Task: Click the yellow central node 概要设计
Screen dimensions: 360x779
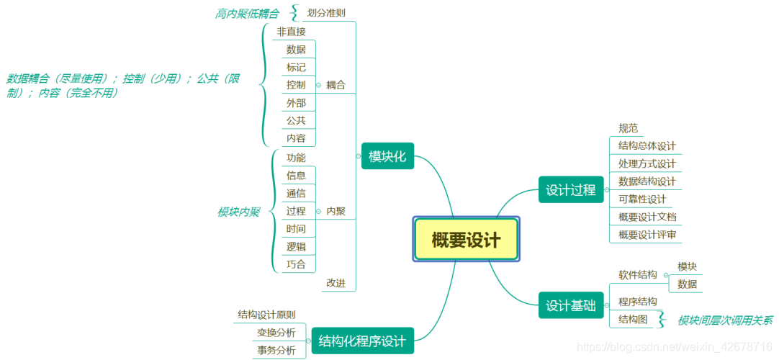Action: click(x=466, y=239)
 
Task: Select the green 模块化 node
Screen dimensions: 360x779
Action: click(x=387, y=156)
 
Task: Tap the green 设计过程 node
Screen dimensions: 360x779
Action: click(x=570, y=190)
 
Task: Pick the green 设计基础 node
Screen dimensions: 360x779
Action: click(x=570, y=305)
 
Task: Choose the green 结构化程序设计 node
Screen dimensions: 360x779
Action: click(x=362, y=341)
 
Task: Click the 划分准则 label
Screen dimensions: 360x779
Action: click(x=326, y=12)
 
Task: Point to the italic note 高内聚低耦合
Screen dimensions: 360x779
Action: click(x=247, y=14)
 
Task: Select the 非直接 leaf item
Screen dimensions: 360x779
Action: click(x=291, y=32)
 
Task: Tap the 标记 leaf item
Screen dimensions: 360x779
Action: click(x=296, y=67)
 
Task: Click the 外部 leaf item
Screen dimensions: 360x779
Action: click(x=296, y=103)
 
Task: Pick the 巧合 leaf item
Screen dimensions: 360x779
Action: click(x=296, y=264)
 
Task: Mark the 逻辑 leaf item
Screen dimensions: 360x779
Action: click(x=296, y=246)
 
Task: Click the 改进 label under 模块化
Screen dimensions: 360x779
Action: click(x=336, y=283)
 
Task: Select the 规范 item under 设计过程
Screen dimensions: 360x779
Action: click(x=628, y=128)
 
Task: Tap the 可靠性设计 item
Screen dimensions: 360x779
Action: click(x=642, y=199)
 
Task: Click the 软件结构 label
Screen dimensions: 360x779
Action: click(x=638, y=274)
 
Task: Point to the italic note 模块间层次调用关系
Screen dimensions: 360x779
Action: click(x=725, y=320)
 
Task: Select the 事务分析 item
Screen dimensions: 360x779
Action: click(x=276, y=351)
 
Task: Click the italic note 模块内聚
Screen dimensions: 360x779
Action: click(x=238, y=212)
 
